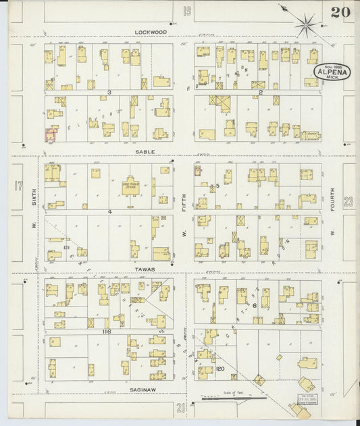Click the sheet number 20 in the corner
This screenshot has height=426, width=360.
(x=340, y=11)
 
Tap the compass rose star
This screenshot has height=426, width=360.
(x=306, y=26)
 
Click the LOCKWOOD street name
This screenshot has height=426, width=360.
(x=149, y=32)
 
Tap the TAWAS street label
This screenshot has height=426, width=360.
(x=148, y=269)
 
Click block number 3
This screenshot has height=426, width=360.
(x=108, y=92)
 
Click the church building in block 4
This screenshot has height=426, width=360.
(x=130, y=186)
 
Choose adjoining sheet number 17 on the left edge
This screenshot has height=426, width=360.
(x=18, y=184)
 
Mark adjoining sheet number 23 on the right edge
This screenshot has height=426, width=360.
(x=348, y=201)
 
